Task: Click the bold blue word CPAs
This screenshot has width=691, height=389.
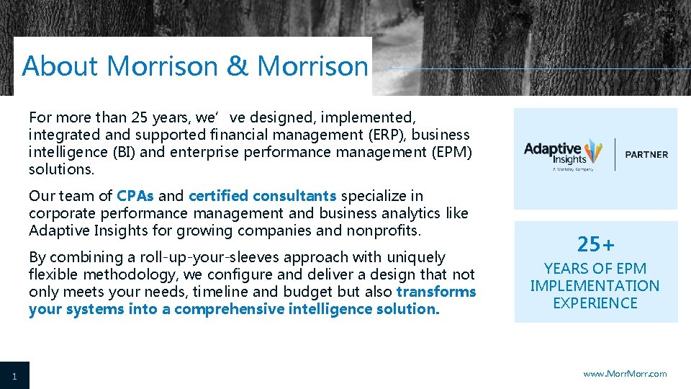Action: tap(135, 196)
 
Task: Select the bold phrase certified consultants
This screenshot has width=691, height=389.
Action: tap(262, 196)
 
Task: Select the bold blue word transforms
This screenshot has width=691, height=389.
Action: tap(436, 292)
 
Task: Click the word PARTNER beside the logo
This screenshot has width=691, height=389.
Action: tap(646, 154)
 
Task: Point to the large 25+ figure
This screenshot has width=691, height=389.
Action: tap(595, 245)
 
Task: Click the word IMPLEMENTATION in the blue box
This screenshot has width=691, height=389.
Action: tap(595, 286)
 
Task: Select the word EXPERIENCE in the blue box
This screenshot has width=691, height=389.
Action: tap(595, 303)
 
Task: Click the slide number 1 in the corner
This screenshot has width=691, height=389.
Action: tap(14, 376)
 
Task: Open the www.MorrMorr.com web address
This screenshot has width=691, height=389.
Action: tap(625, 374)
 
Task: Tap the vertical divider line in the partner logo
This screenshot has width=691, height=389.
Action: tap(615, 154)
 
